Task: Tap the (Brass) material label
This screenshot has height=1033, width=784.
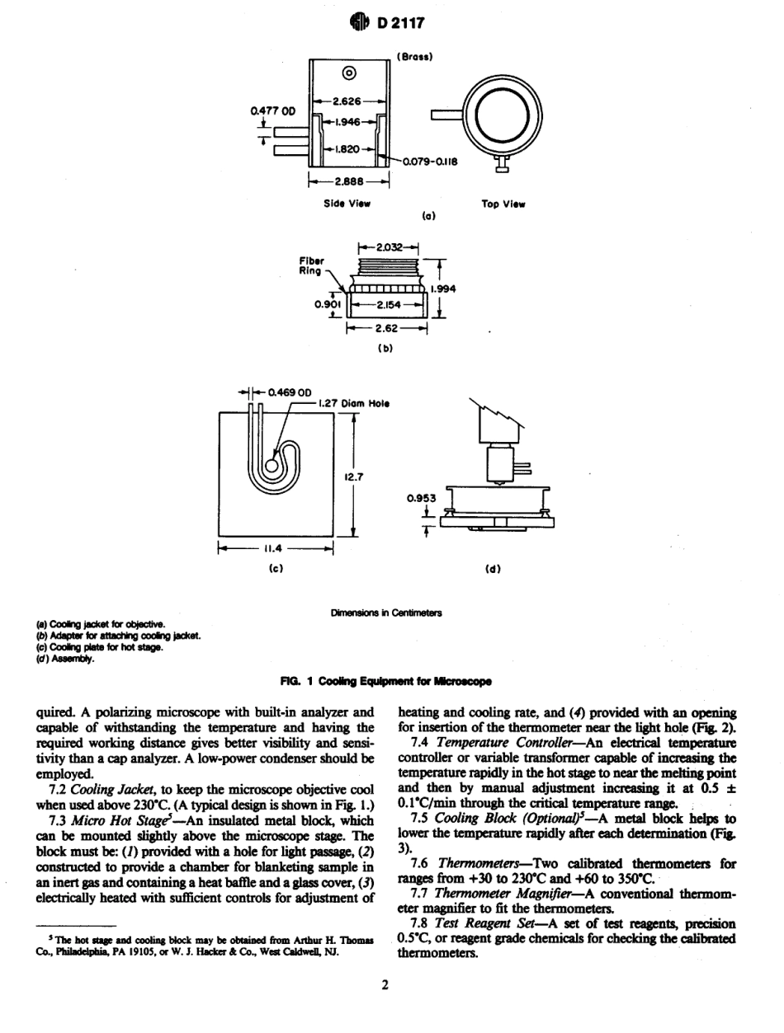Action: (414, 57)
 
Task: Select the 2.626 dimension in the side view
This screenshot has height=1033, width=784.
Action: (348, 101)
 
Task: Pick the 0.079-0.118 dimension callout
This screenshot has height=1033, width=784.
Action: (429, 161)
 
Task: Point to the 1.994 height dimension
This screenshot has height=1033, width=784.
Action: (443, 289)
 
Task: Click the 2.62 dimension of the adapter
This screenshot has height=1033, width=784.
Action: (387, 327)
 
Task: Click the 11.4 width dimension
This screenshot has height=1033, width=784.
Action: (273, 547)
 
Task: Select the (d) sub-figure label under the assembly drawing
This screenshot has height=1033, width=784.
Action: (496, 568)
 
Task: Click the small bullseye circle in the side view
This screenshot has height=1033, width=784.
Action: (348, 73)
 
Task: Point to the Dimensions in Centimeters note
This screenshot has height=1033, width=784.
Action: (386, 613)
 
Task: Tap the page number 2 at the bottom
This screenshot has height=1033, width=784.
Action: (385, 984)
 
